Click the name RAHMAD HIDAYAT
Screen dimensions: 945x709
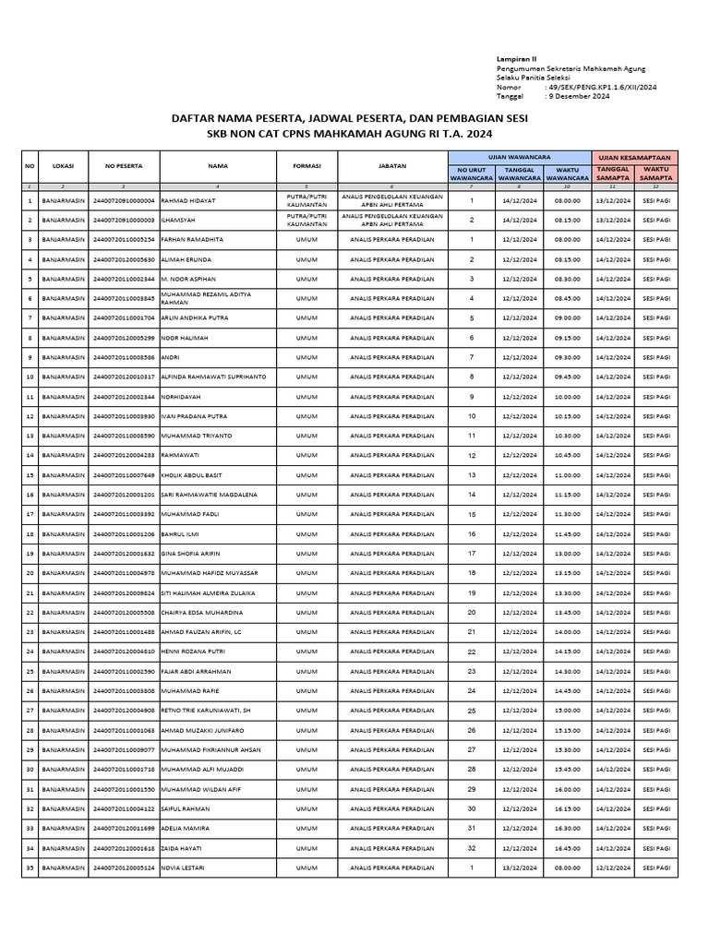(x=189, y=200)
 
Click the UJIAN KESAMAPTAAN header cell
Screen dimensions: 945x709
(x=635, y=156)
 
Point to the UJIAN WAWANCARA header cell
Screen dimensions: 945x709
(x=520, y=156)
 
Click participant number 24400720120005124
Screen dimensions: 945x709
(x=123, y=868)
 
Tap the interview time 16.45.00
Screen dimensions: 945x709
(x=567, y=848)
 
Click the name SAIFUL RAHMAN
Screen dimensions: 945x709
(x=186, y=808)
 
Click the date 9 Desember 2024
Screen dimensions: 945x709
(x=579, y=95)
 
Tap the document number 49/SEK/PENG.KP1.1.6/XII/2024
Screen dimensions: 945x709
(x=592, y=86)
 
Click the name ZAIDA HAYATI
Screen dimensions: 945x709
(x=181, y=848)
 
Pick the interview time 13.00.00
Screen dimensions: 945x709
(x=567, y=554)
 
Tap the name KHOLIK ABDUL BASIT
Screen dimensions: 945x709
(x=191, y=475)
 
